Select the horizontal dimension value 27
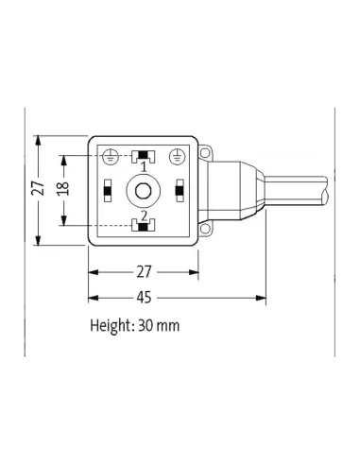[144, 272]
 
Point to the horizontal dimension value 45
[144, 297]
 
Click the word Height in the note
[111, 326]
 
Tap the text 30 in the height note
[147, 326]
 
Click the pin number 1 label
[143, 167]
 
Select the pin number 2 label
[143, 215]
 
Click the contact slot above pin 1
[143, 155]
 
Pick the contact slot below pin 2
[143, 226]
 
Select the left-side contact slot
[108, 191]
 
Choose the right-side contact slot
[178, 191]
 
